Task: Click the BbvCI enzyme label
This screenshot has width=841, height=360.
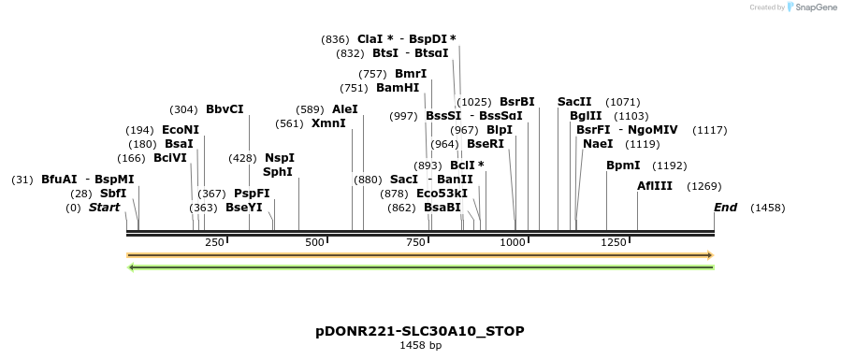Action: (x=225, y=109)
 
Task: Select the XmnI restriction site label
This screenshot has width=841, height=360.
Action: (x=328, y=123)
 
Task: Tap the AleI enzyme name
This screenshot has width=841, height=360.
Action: (x=345, y=109)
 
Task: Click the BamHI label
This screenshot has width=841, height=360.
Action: (x=398, y=88)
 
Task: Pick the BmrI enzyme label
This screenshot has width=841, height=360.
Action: (x=411, y=74)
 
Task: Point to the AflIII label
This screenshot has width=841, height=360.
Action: (x=655, y=186)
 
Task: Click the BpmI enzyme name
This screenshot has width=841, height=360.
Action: (x=623, y=166)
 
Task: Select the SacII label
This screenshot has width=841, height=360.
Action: (x=574, y=101)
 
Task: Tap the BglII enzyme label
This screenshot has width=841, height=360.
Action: (x=587, y=116)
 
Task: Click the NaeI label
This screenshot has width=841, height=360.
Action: (x=598, y=144)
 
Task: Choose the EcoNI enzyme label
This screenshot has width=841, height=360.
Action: (x=181, y=130)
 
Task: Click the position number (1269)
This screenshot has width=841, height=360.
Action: (x=703, y=186)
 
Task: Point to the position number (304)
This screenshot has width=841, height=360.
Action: (x=183, y=109)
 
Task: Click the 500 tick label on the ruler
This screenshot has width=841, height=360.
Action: (x=314, y=243)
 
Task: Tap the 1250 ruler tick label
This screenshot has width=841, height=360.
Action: (x=614, y=243)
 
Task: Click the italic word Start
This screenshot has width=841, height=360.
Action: (x=105, y=207)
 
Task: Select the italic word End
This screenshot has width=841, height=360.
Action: (x=726, y=207)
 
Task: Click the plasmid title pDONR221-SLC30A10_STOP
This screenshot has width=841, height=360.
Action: (x=420, y=332)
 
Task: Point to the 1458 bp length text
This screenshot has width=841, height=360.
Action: (x=420, y=346)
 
